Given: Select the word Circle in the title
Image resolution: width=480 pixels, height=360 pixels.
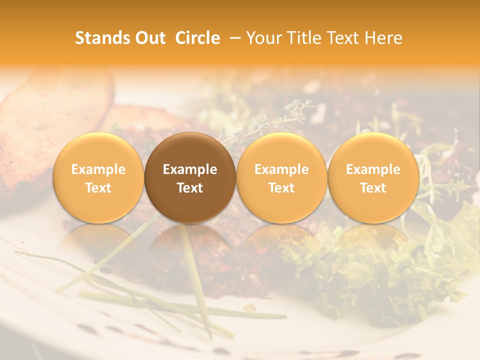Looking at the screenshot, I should (x=197, y=38).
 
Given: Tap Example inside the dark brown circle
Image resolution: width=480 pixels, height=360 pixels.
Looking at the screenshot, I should (x=190, y=169).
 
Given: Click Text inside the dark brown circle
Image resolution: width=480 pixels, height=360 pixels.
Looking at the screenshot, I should (x=190, y=188).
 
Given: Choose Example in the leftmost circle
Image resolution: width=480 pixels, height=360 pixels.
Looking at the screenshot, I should (x=98, y=169).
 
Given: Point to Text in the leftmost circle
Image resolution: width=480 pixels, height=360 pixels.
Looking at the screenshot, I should (x=98, y=188).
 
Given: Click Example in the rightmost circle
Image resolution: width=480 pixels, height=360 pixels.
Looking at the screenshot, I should (x=373, y=169).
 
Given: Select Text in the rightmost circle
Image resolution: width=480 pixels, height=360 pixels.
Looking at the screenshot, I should (x=373, y=188).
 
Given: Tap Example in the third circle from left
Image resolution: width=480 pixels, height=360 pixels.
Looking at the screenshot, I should (x=281, y=169).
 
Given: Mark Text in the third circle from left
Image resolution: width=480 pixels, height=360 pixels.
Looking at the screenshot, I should (x=281, y=188).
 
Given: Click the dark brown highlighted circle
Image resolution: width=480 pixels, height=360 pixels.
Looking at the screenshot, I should (x=190, y=150).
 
